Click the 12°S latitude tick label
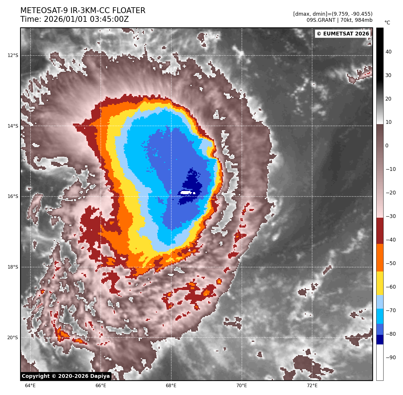tap(13, 55)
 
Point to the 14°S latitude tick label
tap(13, 126)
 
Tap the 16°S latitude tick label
tap(13, 196)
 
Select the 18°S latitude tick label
tap(13, 267)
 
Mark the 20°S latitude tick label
tap(13, 337)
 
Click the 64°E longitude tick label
tap(30, 386)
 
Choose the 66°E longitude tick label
tap(101, 386)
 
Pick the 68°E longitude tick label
tap(171, 386)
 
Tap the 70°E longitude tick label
tap(242, 386)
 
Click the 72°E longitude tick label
tap(312, 386)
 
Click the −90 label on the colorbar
tap(391, 358)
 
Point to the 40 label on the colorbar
tap(388, 52)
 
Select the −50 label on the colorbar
tap(391, 263)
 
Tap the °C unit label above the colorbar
tap(387, 23)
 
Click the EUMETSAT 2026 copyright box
tap(343, 34)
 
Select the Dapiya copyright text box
tap(66, 376)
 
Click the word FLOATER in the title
tap(129, 10)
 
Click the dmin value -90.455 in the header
tap(360, 14)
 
